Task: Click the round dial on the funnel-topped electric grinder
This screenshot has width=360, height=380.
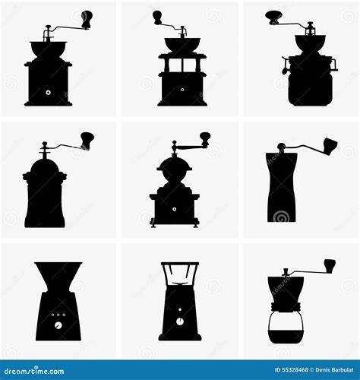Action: [x=57, y=324]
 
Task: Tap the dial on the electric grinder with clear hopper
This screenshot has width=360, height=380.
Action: [x=180, y=321]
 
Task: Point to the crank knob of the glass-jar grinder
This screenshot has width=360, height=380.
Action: [x=330, y=265]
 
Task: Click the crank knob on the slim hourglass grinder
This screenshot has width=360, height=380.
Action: [x=330, y=144]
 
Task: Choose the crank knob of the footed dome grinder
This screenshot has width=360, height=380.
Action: [x=205, y=139]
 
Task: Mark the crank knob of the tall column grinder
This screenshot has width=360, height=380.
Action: [x=87, y=140]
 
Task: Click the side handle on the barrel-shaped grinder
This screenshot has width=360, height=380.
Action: [x=285, y=66]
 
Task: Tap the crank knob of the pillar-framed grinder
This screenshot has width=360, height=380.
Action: [x=157, y=17]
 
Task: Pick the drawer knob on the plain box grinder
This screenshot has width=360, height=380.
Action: [x=48, y=93]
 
